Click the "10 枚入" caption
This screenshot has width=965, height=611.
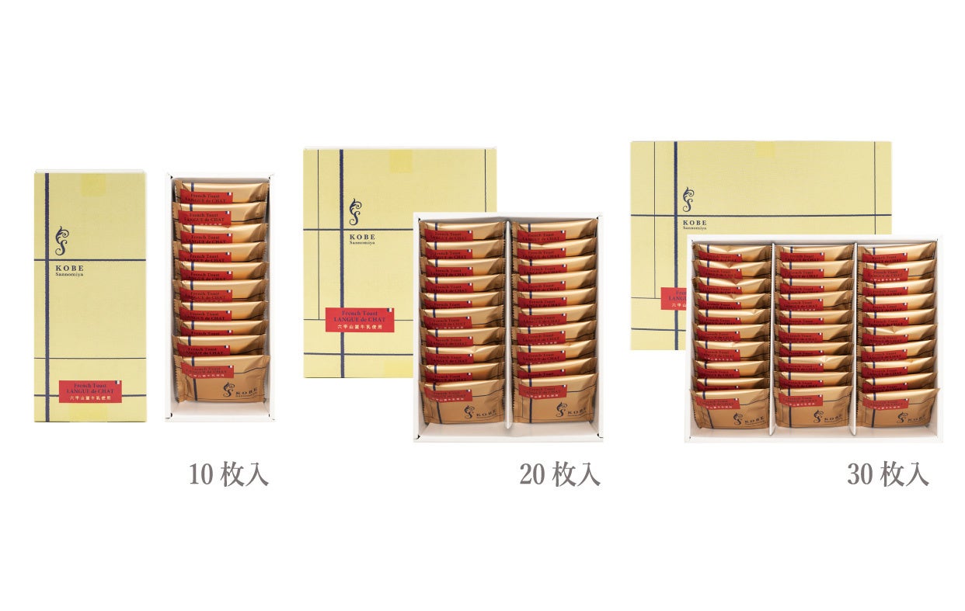pos(228,474)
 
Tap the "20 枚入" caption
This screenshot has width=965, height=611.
pos(559,474)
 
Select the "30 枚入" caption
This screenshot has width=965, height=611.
pos(887,474)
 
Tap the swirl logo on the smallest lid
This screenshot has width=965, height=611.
pos(61,241)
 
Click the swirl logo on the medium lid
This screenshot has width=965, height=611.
pos(355,212)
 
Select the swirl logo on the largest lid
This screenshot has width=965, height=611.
pos(688,200)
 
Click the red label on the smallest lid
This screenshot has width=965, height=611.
pos(89,391)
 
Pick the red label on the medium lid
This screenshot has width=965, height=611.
pos(360,319)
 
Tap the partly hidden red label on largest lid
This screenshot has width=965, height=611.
pos(673,299)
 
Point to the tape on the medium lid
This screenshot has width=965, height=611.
pos(401,161)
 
